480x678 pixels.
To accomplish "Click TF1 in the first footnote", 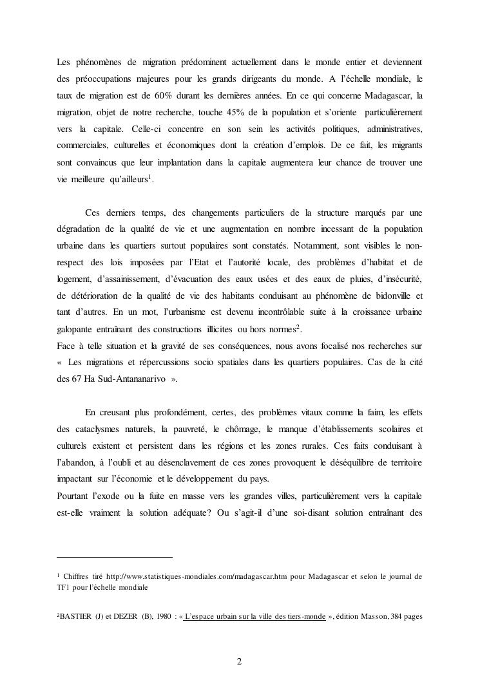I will tap(64, 587).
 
